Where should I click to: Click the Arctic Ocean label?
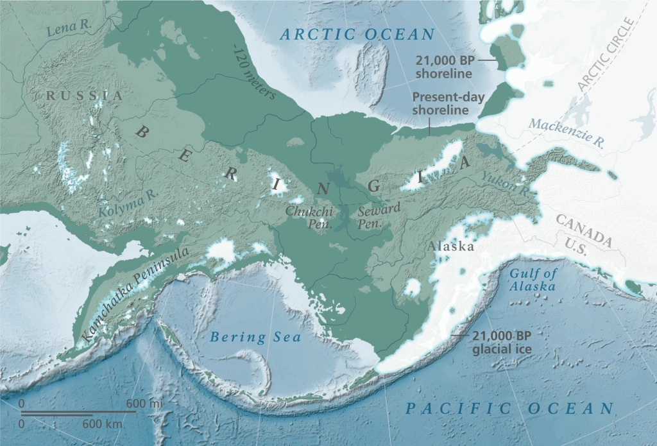tap(357, 35)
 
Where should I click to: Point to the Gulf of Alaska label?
tap(532, 280)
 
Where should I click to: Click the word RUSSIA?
tap(83, 96)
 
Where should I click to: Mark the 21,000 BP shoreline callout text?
tap(443, 67)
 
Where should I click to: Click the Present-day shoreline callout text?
tap(445, 104)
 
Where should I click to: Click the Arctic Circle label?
tap(606, 55)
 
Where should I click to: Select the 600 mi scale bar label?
tap(144, 403)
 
